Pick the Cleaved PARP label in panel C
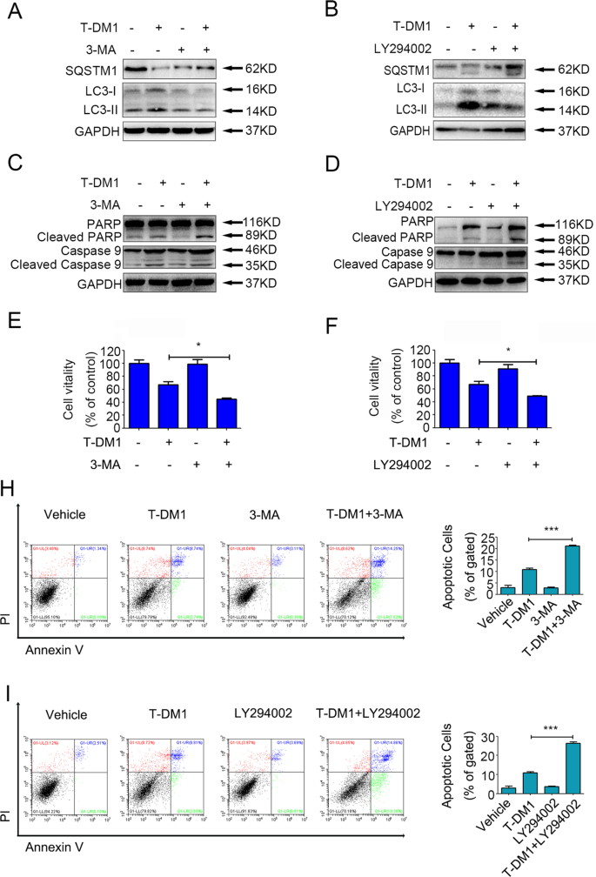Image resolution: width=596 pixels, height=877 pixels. pos(83,235)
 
